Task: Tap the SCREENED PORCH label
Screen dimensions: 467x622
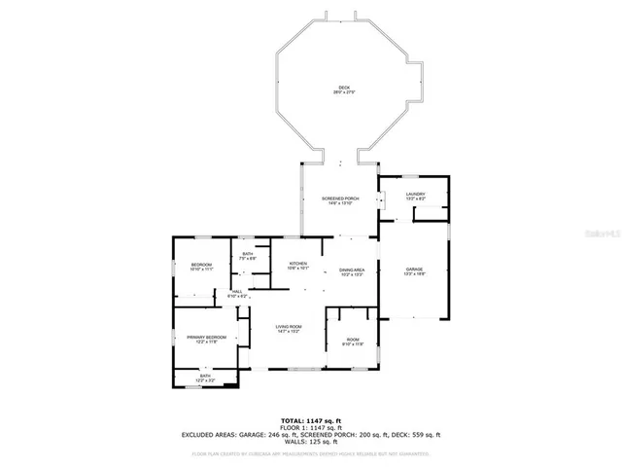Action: point(340,198)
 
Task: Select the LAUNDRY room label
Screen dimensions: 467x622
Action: point(414,194)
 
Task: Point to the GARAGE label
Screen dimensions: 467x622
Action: point(414,269)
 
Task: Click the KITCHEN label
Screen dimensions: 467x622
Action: point(297,264)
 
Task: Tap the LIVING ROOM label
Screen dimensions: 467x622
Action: point(289,327)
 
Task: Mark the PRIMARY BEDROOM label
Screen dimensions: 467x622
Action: point(207,337)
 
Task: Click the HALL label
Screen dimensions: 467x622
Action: point(235,290)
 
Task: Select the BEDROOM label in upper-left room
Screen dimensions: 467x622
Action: point(201,265)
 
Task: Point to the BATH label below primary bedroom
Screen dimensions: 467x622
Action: point(205,376)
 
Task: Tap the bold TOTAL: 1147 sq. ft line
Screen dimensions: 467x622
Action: point(310,419)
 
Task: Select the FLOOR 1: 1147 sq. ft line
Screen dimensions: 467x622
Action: point(310,427)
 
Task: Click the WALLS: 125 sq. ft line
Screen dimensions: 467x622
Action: point(310,442)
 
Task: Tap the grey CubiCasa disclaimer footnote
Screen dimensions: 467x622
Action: point(310,452)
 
